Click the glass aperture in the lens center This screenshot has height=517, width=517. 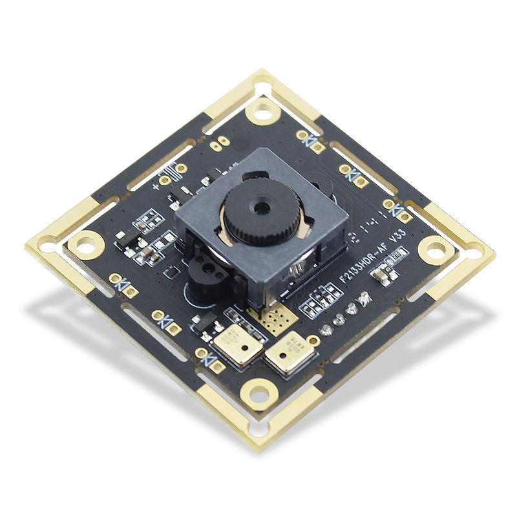coord(262,208)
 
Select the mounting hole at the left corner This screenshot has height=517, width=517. coord(84,245)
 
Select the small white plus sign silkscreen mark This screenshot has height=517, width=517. coord(156,187)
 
